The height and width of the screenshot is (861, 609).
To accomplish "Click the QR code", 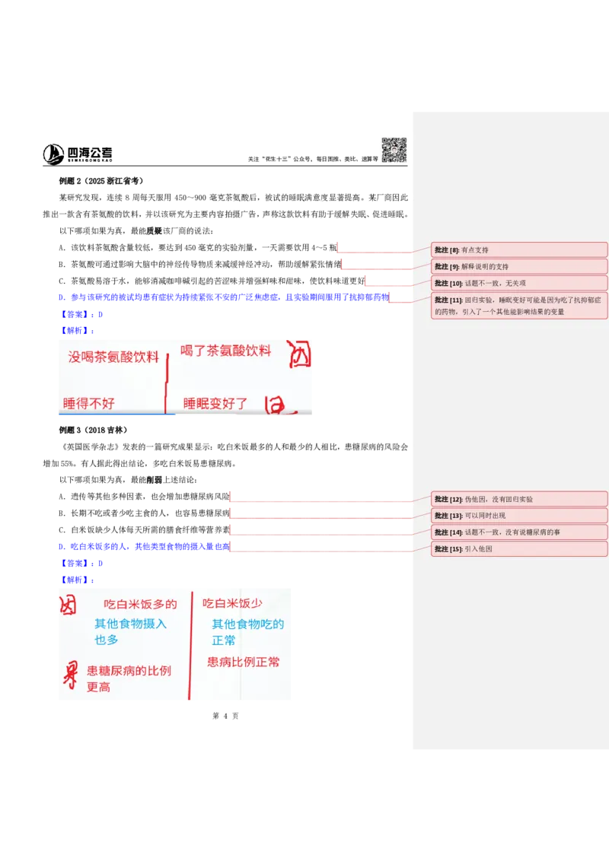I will click(x=393, y=149).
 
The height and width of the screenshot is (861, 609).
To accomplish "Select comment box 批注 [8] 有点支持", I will click(x=519, y=249).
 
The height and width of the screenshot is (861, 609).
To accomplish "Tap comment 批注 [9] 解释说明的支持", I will click(x=519, y=266).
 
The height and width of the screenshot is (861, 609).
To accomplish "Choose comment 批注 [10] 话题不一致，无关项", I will click(x=519, y=283).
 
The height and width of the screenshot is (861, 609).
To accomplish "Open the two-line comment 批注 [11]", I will click(x=519, y=306).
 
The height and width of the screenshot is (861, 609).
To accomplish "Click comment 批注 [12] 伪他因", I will click(x=519, y=499).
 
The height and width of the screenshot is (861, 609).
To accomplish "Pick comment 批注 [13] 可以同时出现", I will click(x=519, y=516).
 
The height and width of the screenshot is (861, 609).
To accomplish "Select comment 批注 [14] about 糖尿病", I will click(x=519, y=532).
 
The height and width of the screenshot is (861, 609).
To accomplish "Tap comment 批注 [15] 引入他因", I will click(x=519, y=548).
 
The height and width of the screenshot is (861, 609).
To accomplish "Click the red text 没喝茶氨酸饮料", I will click(x=113, y=357).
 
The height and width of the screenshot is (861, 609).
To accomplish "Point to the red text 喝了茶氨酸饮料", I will click(x=225, y=351).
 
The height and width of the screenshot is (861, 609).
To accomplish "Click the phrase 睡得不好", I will click(x=89, y=403).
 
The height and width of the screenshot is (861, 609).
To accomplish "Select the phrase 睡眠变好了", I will click(x=215, y=404).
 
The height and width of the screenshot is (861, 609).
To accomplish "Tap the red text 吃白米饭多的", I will click(x=140, y=604).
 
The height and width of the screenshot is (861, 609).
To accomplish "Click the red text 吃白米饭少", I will click(x=232, y=603).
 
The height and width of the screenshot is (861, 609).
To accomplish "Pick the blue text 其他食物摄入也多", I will click(x=130, y=632).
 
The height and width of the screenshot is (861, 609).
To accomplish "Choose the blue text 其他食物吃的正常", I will click(x=247, y=632).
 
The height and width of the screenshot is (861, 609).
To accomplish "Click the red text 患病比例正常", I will click(x=244, y=662).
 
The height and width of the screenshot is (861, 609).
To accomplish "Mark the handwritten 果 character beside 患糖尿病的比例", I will click(x=70, y=674).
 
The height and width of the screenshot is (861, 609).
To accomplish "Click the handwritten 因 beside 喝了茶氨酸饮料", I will click(x=300, y=354).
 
